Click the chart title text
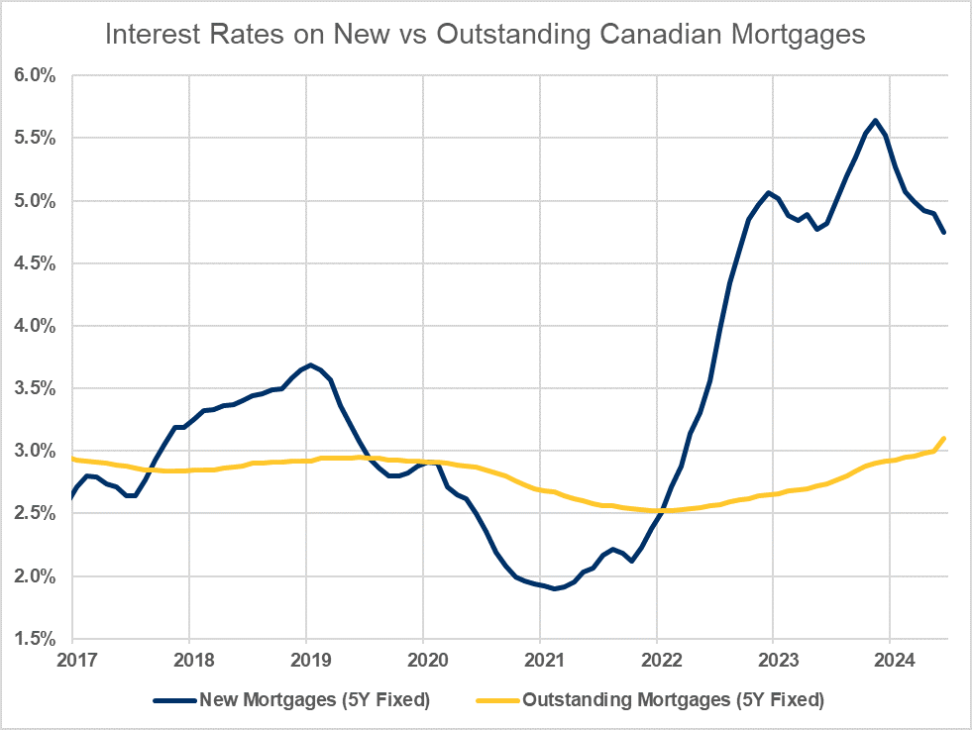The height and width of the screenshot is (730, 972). tap(486, 36)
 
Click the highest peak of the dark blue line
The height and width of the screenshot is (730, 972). tap(875, 121)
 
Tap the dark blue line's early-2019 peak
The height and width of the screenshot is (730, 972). tap(310, 365)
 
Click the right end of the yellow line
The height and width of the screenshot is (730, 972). tap(944, 438)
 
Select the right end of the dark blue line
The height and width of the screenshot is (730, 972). tap(944, 233)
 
